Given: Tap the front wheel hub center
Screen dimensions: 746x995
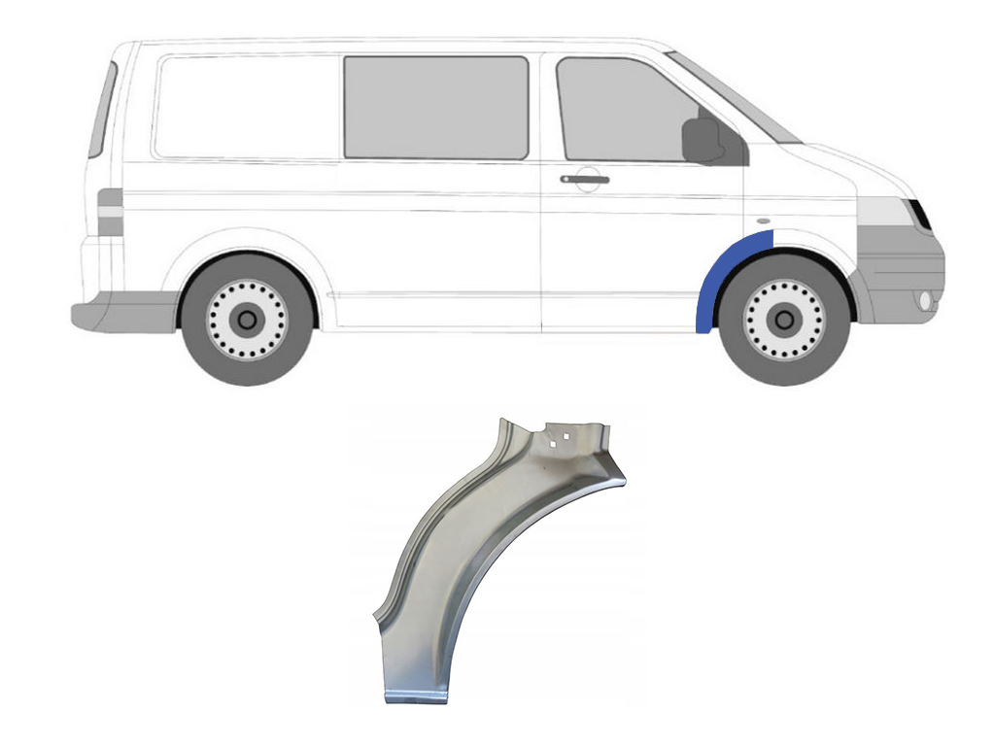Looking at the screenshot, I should [783, 319].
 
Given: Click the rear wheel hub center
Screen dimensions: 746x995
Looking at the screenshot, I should [247, 319].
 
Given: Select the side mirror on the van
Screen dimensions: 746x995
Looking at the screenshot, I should [702, 141].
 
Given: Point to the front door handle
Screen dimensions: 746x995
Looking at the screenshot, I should [584, 179].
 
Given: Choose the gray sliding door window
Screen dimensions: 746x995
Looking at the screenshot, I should [436, 107].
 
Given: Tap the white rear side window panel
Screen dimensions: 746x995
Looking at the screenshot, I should [248, 107].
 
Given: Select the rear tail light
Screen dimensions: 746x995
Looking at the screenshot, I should [110, 212].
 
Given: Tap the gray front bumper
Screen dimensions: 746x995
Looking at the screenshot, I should [902, 272].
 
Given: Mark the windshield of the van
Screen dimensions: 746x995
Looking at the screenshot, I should [733, 97].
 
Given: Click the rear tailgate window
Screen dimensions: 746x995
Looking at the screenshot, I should [102, 109].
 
